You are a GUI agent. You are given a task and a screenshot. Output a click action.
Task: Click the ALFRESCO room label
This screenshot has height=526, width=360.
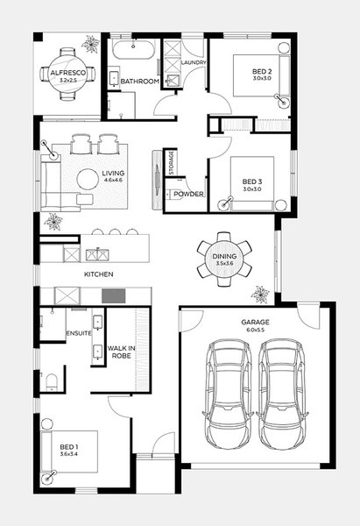point(67,73)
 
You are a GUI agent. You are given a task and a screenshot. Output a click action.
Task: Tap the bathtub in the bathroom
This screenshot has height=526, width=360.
point(133,49)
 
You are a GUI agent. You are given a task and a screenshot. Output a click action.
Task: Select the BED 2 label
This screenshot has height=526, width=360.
point(262,72)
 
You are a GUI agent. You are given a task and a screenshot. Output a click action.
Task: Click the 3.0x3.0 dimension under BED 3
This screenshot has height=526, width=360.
point(251,188)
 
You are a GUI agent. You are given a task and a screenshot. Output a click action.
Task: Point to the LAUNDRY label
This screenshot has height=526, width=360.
point(194,62)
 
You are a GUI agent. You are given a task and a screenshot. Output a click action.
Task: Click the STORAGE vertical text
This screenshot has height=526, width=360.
point(171,163)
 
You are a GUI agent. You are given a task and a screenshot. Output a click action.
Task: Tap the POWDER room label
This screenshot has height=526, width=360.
point(188,194)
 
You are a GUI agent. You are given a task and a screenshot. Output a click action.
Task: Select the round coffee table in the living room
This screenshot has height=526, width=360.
point(88,180)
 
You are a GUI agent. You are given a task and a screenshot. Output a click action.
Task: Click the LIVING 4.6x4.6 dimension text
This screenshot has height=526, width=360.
point(113,180)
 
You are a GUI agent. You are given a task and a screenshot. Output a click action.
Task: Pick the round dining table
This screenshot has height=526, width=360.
point(224,259)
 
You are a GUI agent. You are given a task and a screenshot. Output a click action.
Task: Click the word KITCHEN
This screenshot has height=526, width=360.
point(99,274)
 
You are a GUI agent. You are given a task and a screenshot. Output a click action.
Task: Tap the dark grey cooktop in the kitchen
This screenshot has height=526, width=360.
point(114,296)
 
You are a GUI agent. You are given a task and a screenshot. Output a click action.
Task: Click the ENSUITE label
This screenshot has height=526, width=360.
point(79,333)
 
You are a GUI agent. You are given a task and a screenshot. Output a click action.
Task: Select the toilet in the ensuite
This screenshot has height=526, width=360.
point(52,382)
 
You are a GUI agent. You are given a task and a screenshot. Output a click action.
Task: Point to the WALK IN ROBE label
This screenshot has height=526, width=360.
point(122,352)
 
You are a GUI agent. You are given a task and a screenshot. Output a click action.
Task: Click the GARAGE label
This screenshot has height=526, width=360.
point(255,322)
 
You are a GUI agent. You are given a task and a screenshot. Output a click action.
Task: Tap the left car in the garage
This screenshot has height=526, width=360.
point(228,394)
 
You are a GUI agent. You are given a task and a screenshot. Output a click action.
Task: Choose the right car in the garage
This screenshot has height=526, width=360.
point(282,394)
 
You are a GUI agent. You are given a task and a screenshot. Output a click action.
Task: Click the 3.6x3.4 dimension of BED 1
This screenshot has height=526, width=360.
point(68,454)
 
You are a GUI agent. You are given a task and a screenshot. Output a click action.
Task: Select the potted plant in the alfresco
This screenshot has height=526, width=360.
point(91,44)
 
